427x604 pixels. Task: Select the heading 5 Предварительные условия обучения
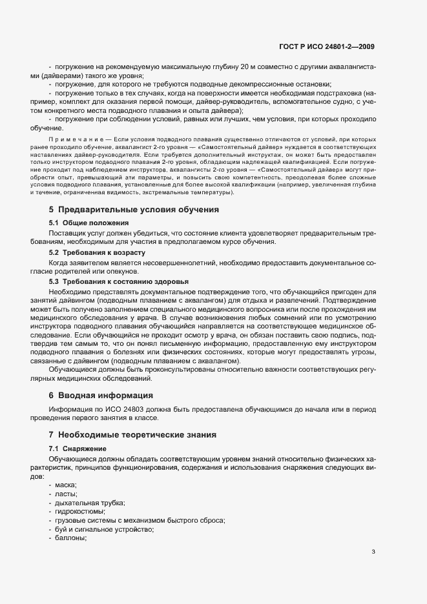tap(134, 209)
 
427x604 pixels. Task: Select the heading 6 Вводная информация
tap(101, 395)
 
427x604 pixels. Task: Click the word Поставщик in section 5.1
tap(68, 232)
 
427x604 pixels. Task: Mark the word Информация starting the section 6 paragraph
tap(70, 409)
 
